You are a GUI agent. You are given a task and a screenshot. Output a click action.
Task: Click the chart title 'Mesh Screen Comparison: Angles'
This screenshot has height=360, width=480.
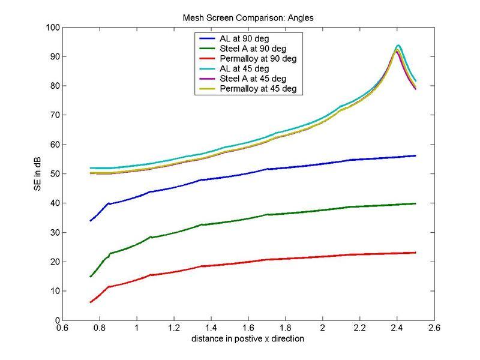(248, 18)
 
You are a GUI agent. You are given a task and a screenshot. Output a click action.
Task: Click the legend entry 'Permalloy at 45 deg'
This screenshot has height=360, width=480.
(258, 89)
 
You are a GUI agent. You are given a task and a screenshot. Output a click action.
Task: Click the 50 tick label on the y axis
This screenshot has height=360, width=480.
(53, 174)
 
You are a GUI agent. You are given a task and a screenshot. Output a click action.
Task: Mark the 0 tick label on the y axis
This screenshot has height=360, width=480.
(56, 320)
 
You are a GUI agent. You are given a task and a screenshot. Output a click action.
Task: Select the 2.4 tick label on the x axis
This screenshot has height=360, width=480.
(397, 329)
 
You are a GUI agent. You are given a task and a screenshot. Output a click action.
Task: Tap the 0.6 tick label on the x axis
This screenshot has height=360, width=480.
(62, 329)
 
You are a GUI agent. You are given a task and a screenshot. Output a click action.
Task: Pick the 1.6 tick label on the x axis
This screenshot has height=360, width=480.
(248, 329)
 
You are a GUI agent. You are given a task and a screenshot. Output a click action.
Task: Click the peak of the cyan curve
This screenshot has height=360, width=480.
(398, 45)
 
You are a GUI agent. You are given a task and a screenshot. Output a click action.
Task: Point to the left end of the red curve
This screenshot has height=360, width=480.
(90, 302)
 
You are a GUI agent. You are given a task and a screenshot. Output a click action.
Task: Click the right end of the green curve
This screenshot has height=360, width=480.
(415, 203)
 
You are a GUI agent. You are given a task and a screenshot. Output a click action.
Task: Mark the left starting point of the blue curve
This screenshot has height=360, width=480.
(90, 221)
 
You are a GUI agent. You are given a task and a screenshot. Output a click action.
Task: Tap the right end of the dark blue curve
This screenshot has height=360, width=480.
(415, 155)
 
